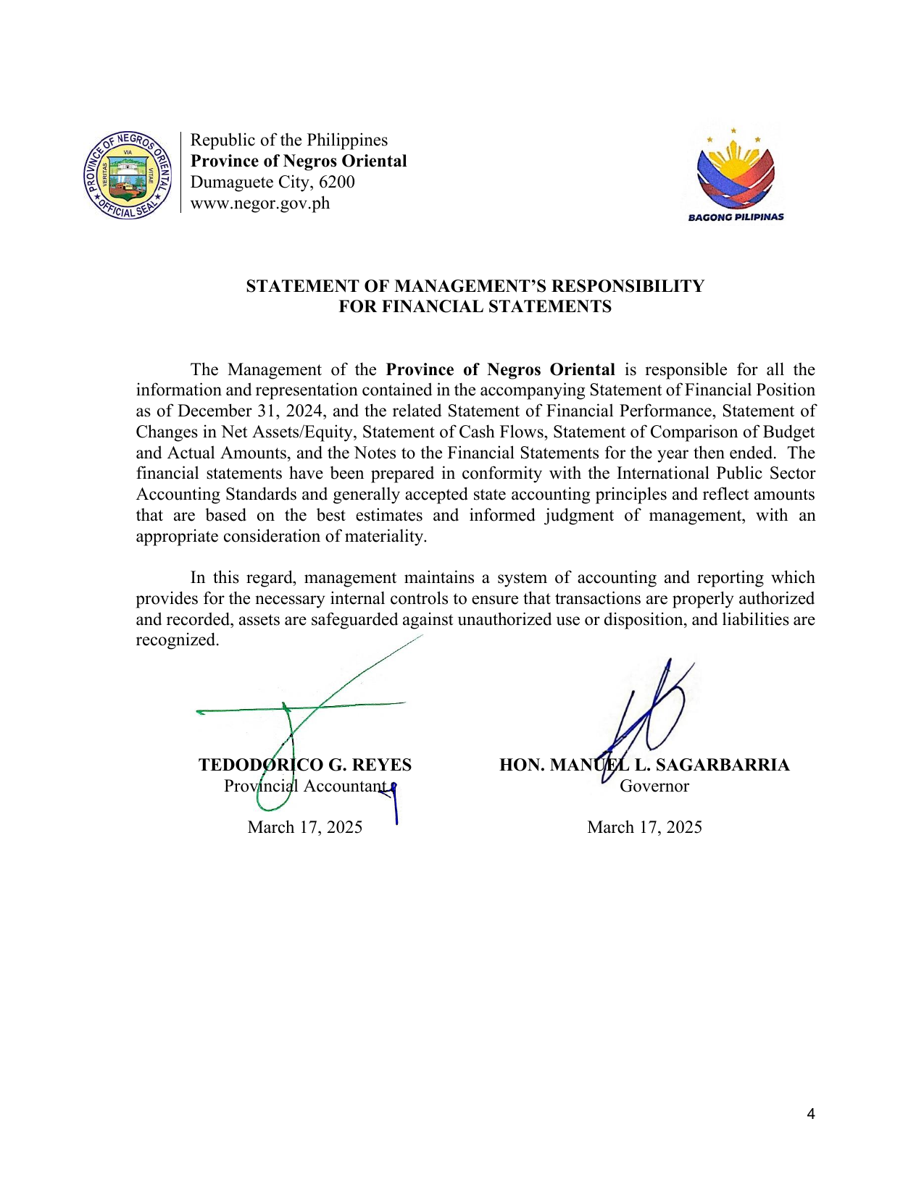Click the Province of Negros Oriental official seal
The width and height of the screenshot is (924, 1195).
128,175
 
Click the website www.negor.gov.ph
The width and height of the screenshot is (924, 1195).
259,204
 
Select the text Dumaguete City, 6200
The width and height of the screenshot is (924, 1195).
272,182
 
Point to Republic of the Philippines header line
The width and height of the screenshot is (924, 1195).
288,140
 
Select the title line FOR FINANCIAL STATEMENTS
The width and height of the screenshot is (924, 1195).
475,307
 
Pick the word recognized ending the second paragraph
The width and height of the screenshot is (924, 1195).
177,640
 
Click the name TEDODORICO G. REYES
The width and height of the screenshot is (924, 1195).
305,766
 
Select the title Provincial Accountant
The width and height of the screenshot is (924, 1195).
305,787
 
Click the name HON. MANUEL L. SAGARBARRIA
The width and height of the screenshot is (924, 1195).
644,766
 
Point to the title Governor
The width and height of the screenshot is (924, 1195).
654,787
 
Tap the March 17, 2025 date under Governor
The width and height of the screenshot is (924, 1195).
644,828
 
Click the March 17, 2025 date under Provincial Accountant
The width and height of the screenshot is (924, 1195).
305,828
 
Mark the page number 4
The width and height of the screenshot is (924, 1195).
811,1115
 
